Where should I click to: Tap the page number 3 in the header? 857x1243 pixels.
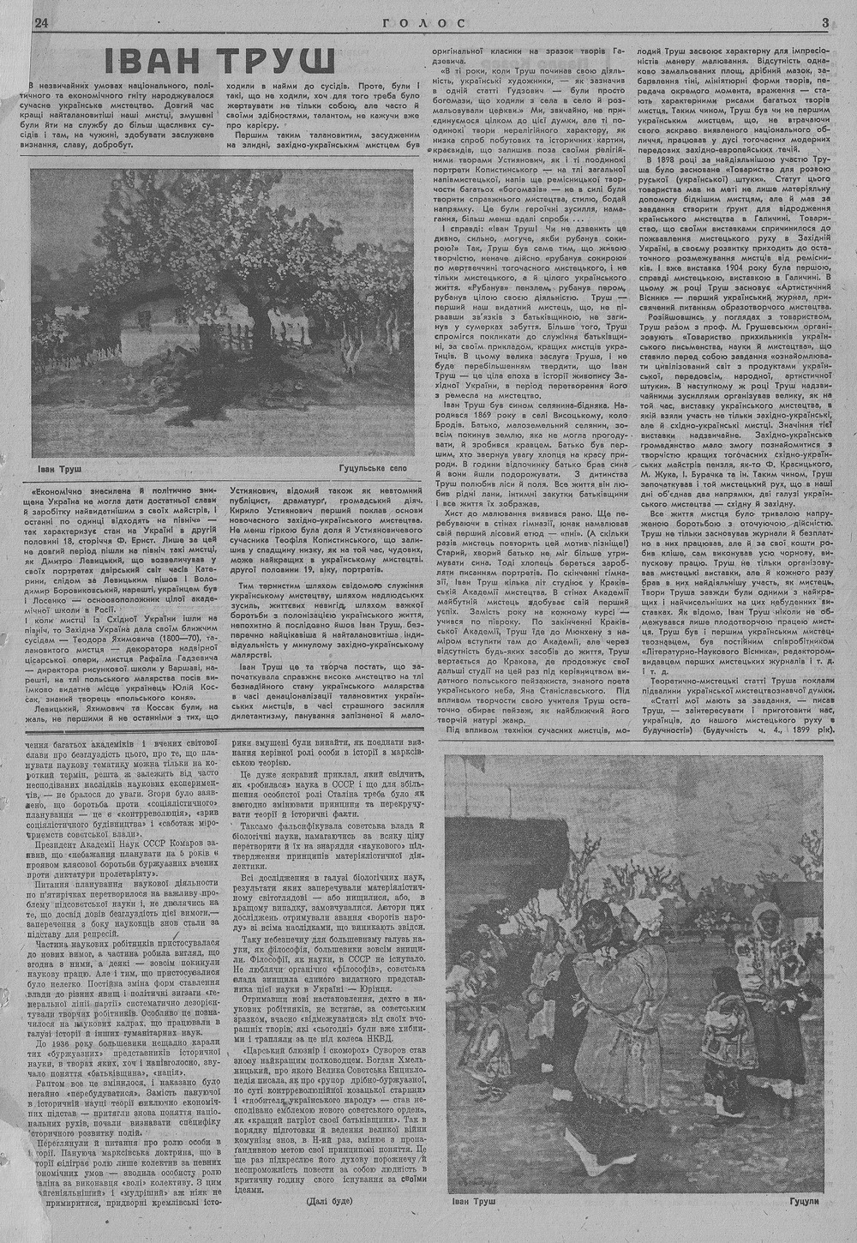(x=824, y=23)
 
